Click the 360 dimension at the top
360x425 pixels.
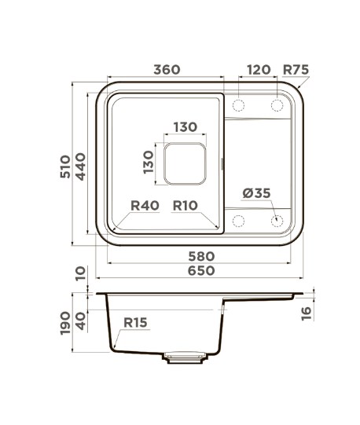(x=167, y=70)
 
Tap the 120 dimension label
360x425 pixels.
(x=259, y=70)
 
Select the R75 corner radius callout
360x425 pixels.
(x=296, y=70)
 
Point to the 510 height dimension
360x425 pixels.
(x=65, y=167)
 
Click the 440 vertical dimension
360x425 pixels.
(x=80, y=167)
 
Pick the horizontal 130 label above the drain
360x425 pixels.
(x=186, y=126)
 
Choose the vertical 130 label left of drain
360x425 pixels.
(x=149, y=162)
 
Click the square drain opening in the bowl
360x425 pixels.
(x=185, y=163)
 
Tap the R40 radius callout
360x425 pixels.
(x=145, y=206)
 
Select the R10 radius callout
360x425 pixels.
(x=186, y=206)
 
